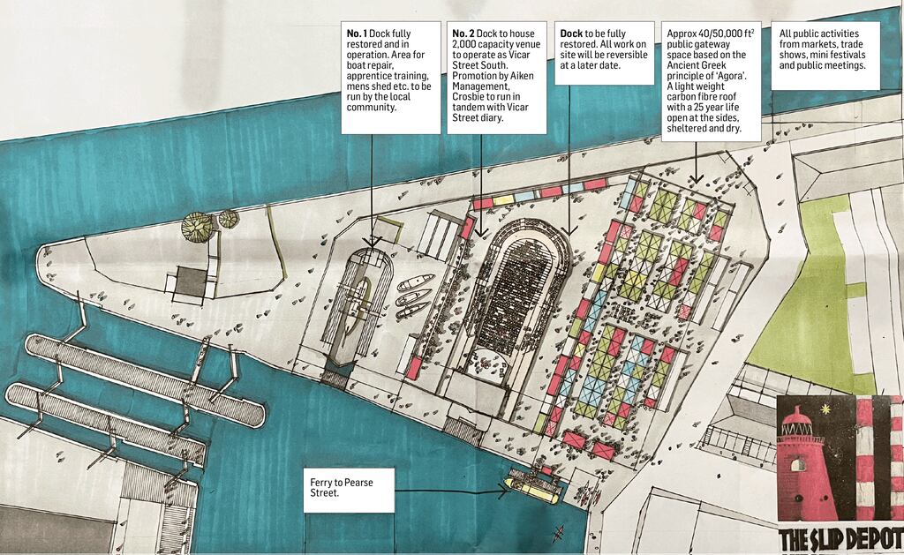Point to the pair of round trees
[209, 226]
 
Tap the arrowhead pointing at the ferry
[503, 492]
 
